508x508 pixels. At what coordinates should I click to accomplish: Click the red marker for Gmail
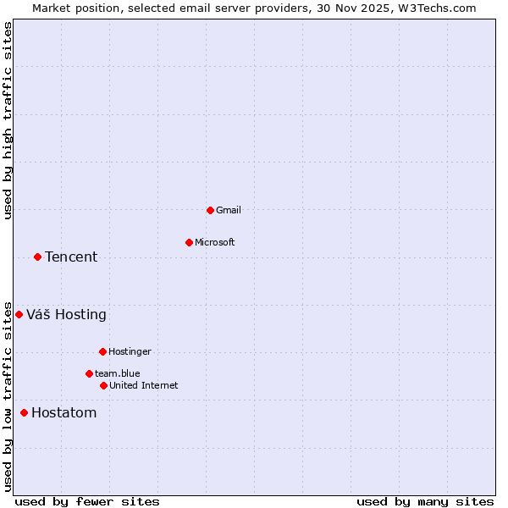[210, 210]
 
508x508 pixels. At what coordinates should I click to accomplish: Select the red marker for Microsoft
[189, 242]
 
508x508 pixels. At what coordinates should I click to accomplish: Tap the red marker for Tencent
[37, 257]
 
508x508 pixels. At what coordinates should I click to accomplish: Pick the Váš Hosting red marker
[19, 314]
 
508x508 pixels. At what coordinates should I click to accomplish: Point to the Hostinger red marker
[102, 351]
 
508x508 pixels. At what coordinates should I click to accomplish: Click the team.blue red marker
[89, 373]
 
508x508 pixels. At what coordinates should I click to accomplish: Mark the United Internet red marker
[103, 385]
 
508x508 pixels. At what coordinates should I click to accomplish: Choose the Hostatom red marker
[24, 412]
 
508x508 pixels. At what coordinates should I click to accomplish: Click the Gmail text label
[229, 210]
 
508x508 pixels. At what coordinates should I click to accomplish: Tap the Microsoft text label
[215, 242]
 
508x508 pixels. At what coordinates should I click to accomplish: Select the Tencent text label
[71, 257]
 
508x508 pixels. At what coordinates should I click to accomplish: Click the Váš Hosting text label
[66, 314]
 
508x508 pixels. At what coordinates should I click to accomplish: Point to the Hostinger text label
[130, 351]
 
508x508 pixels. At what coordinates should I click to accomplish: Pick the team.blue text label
[118, 373]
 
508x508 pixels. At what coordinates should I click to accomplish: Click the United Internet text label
[144, 385]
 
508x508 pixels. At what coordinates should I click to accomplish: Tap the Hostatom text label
[63, 412]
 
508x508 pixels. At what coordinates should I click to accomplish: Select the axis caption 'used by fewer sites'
[87, 501]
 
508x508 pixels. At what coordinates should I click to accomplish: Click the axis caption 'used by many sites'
[425, 501]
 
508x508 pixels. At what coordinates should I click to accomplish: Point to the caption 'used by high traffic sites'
[8, 120]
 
